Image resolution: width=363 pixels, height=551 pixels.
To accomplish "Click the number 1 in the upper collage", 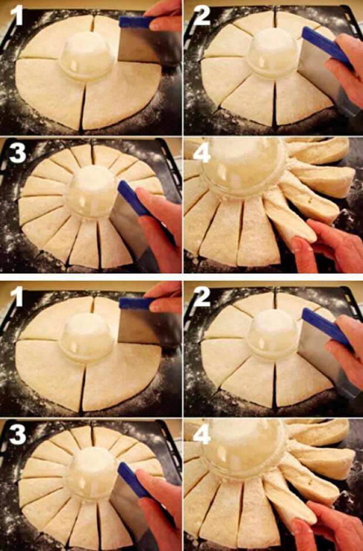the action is [16, 16].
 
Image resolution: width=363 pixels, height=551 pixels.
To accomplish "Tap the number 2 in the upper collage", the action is [202, 16].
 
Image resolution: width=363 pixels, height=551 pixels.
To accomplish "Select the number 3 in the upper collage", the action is [18, 153].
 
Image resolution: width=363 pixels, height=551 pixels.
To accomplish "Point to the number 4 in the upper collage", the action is [202, 153].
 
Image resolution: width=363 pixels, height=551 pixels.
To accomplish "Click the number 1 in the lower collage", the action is [16, 297].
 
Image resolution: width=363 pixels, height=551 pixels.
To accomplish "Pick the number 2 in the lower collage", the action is [202, 297].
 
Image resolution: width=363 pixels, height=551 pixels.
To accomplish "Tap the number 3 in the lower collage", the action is [18, 435].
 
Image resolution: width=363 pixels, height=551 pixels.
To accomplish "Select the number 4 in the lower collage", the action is [202, 435].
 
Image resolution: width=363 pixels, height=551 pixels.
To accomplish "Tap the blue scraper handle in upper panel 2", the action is [325, 45].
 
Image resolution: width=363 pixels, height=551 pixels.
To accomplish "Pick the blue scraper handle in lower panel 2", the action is [325, 327].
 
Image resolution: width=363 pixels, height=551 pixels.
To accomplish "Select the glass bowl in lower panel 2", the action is [273, 335].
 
